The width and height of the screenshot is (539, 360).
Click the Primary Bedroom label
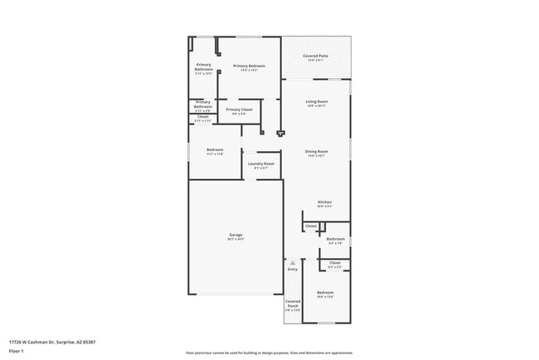coord(249,66)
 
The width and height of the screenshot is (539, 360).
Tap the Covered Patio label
coord(316,56)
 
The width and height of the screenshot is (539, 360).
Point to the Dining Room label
coord(317,152)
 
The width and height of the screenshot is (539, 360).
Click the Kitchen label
coord(325,202)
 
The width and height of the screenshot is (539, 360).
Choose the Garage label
coord(236,235)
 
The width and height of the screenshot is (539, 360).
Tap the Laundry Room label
coord(261,164)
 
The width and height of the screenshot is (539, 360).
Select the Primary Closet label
coord(239,109)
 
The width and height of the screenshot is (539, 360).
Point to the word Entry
coord(292,270)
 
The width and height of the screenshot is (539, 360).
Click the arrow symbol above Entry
coord(292,262)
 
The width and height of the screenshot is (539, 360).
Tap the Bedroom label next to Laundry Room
coord(215,150)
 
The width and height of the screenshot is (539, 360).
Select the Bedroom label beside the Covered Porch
coord(325,293)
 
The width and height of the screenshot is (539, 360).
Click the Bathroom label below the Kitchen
coord(335,239)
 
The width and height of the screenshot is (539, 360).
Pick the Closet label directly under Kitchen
coord(311,226)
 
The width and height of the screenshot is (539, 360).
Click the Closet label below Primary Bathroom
coord(203,117)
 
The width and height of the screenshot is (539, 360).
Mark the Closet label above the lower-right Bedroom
coord(335,263)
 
